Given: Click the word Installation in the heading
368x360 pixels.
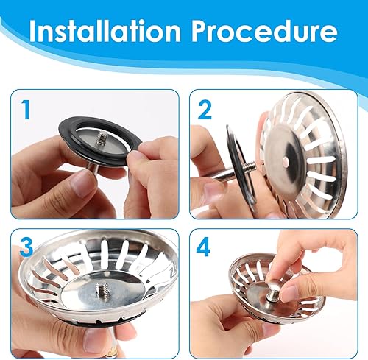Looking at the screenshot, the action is pos(105,32).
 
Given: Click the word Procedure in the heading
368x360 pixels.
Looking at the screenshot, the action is pos(264,32).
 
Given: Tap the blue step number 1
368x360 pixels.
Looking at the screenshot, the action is pos(26,110).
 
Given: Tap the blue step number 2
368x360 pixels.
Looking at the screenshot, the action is pos(205,110).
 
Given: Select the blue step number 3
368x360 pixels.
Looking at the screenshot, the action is pos(26,247).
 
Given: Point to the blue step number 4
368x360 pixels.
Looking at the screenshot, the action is pos(203,247).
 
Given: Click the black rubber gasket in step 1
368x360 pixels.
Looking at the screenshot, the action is pos(100,140).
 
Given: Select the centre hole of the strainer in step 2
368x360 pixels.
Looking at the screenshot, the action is pos(286,160).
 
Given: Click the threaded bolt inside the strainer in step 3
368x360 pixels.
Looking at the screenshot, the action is pos(103,292).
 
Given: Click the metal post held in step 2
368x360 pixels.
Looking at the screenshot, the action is pos(223,174).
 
